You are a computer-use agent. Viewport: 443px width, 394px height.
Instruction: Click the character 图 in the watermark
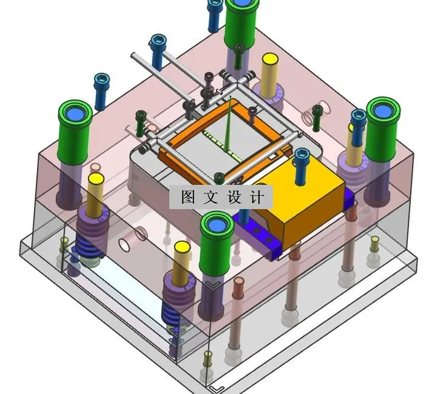(x=188, y=197)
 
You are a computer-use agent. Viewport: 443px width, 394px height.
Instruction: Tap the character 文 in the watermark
(x=211, y=197)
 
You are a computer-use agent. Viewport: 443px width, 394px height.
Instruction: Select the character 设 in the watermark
(x=235, y=197)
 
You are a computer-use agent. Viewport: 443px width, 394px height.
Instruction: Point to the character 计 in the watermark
(x=257, y=197)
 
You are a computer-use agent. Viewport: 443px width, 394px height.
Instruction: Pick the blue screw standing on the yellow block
(x=302, y=167)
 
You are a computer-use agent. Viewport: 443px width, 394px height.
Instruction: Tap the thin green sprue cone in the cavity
(x=228, y=124)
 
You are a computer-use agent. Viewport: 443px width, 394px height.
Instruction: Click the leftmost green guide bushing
(x=75, y=132)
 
